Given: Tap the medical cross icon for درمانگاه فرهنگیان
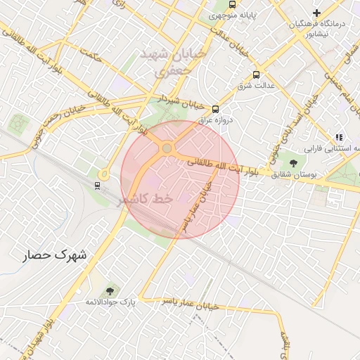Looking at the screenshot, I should (317, 13).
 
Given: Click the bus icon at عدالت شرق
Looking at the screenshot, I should (255, 74).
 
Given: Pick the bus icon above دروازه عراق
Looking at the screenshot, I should (215, 109).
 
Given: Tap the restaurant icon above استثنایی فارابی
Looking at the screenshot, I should (339, 137).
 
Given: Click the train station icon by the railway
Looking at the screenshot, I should (97, 186).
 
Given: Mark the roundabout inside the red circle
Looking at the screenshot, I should (167, 148).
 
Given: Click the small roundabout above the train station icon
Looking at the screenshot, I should (103, 174).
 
